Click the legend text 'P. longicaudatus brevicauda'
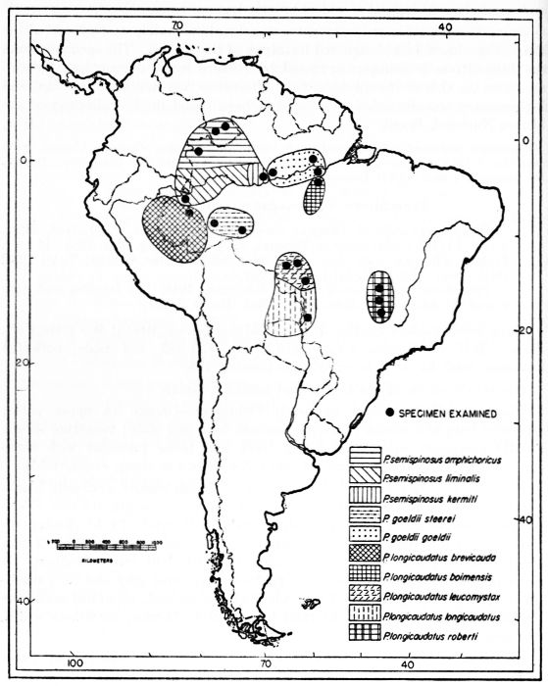coord(440,556)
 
